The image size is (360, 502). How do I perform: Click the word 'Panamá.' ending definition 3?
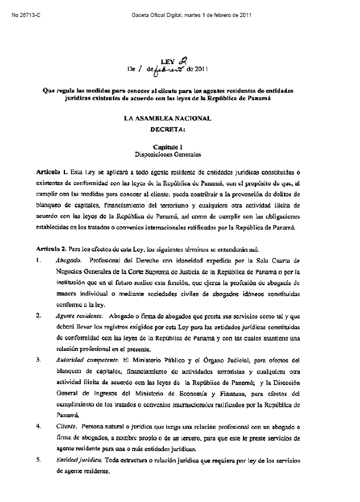65,415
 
